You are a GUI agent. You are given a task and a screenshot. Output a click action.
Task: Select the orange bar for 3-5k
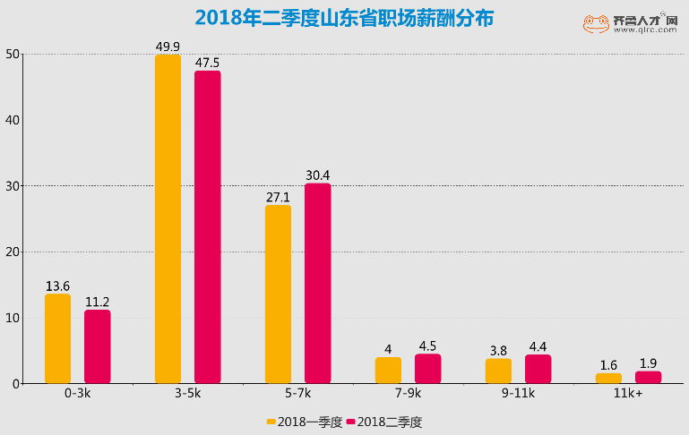coord(168,219)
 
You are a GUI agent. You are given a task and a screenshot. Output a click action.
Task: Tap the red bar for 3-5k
coord(207,227)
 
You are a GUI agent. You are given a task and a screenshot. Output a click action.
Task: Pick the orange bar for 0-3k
coord(57,339)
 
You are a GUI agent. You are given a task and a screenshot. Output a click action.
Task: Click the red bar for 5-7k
coord(317,284)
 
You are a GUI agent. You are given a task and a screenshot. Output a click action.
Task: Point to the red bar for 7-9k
coord(427,369)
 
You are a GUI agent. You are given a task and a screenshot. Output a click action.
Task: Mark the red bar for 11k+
coord(648,378)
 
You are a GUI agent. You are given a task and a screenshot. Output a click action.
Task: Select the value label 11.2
coord(97,302)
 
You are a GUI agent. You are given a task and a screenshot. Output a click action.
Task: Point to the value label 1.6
coord(608,365)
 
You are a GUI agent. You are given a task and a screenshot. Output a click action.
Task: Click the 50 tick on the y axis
coord(13,54)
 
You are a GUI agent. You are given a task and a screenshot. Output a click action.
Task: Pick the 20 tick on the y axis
coord(13,252)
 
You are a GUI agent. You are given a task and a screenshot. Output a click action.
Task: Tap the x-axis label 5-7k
coord(297,394)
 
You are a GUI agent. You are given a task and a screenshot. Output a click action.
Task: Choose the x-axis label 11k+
coord(628,394)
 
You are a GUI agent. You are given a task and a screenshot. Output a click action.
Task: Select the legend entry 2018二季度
coord(383,422)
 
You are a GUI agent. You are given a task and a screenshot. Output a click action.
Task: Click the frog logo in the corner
coord(596,24)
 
